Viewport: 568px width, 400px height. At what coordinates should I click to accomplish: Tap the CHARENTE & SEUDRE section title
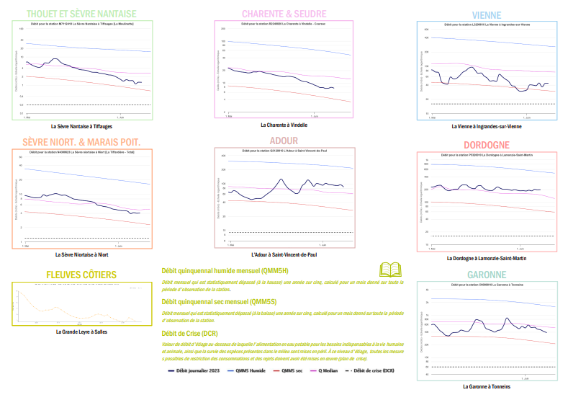pyautogui.click(x=284, y=14)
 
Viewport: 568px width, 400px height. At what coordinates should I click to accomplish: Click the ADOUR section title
pyautogui.click(x=284, y=141)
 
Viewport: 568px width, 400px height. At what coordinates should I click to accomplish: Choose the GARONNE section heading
pyautogui.click(x=487, y=275)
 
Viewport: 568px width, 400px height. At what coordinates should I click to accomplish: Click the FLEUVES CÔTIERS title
pyautogui.click(x=81, y=275)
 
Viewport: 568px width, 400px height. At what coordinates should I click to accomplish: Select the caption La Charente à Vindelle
pyautogui.click(x=284, y=125)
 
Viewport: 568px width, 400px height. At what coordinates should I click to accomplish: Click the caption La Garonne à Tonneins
pyautogui.click(x=487, y=386)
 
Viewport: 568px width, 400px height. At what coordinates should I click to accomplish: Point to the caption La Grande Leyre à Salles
pyautogui.click(x=81, y=332)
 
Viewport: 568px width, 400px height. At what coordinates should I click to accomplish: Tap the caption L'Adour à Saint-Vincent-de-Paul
pyautogui.click(x=284, y=254)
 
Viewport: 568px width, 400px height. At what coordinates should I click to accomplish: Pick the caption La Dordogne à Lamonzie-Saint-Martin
pyautogui.click(x=487, y=258)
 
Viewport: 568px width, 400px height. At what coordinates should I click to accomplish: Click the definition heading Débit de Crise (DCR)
pyautogui.click(x=190, y=333)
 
